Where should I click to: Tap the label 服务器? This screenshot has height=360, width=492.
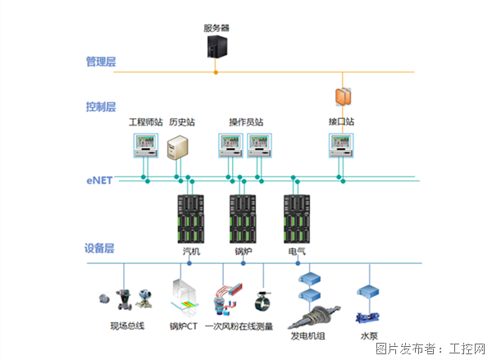(216, 27)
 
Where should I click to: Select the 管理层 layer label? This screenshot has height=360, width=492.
(101, 61)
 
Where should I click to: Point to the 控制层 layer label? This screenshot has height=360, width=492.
(101, 107)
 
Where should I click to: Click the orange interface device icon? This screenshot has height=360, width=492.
(342, 96)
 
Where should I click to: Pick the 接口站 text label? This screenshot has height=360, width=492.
(341, 122)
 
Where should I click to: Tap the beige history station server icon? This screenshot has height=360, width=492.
(178, 148)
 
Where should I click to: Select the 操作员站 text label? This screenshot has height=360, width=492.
(246, 122)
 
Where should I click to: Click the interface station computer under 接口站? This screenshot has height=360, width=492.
(341, 145)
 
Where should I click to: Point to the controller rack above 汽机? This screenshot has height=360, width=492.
(190, 217)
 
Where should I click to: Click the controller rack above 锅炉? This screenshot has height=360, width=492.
(243, 217)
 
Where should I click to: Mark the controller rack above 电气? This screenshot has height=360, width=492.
(296, 217)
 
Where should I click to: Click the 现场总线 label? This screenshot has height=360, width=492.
(127, 326)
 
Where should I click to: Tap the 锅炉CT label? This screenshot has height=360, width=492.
(184, 326)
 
